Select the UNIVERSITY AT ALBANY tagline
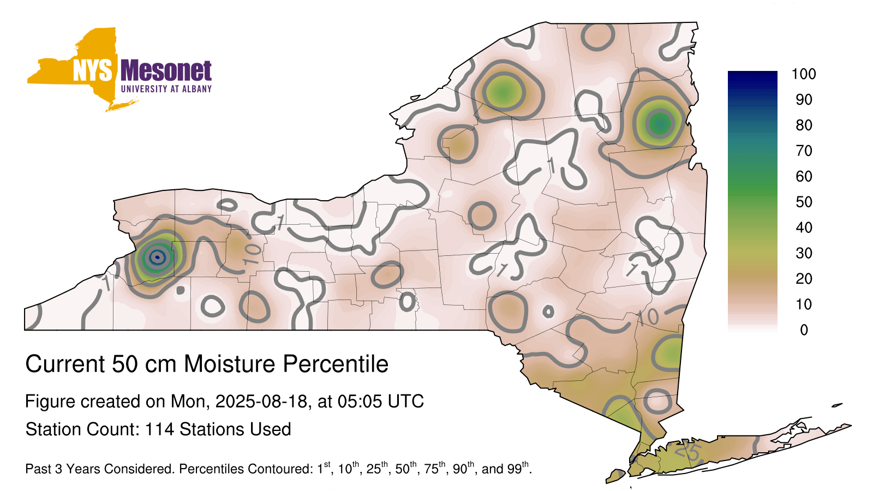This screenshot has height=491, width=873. [x=166, y=89]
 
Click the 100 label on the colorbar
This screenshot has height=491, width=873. [x=804, y=74]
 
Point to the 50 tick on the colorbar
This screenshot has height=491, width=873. [x=804, y=202]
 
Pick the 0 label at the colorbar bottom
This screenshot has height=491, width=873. [x=804, y=330]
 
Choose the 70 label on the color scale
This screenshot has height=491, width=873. [x=804, y=151]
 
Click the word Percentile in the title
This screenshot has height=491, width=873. [x=336, y=364]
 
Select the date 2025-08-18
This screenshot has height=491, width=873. [x=261, y=402]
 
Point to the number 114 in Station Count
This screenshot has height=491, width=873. [x=159, y=429]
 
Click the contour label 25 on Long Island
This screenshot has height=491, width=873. [x=689, y=452]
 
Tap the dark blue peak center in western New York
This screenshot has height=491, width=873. [x=158, y=257]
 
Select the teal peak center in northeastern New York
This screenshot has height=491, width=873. [x=660, y=124]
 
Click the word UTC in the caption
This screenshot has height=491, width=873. [x=405, y=402]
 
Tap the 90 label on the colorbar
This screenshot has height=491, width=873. [x=804, y=100]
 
